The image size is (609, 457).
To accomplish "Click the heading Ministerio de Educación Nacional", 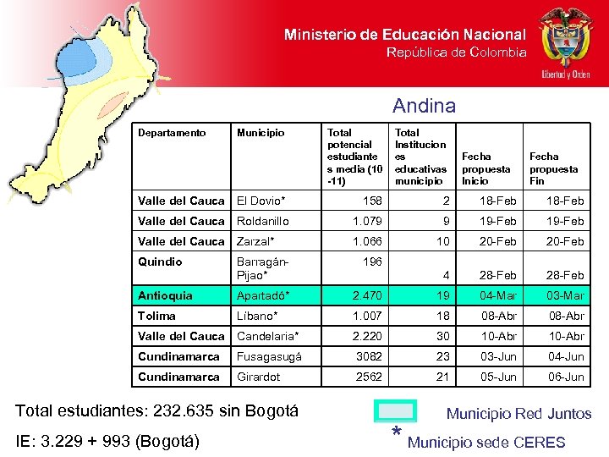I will click(404, 35).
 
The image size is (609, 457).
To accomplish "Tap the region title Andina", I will click(424, 106).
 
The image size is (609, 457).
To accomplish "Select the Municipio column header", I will click(261, 133).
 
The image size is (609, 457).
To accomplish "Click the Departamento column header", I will click(172, 133).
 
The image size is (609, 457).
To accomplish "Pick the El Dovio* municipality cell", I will click(261, 201).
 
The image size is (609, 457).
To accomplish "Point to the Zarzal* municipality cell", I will click(256, 241).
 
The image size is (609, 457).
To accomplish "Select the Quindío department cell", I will click(160, 262).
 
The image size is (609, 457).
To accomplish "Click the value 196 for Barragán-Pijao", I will click(372, 262).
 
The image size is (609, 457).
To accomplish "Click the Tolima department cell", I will click(156, 316).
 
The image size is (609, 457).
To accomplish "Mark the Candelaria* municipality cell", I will click(267, 336).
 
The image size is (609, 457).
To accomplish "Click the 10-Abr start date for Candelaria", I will click(499, 336).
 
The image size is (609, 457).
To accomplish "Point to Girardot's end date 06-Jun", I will click(566, 377).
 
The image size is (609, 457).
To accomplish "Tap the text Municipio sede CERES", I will click(486, 443).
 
